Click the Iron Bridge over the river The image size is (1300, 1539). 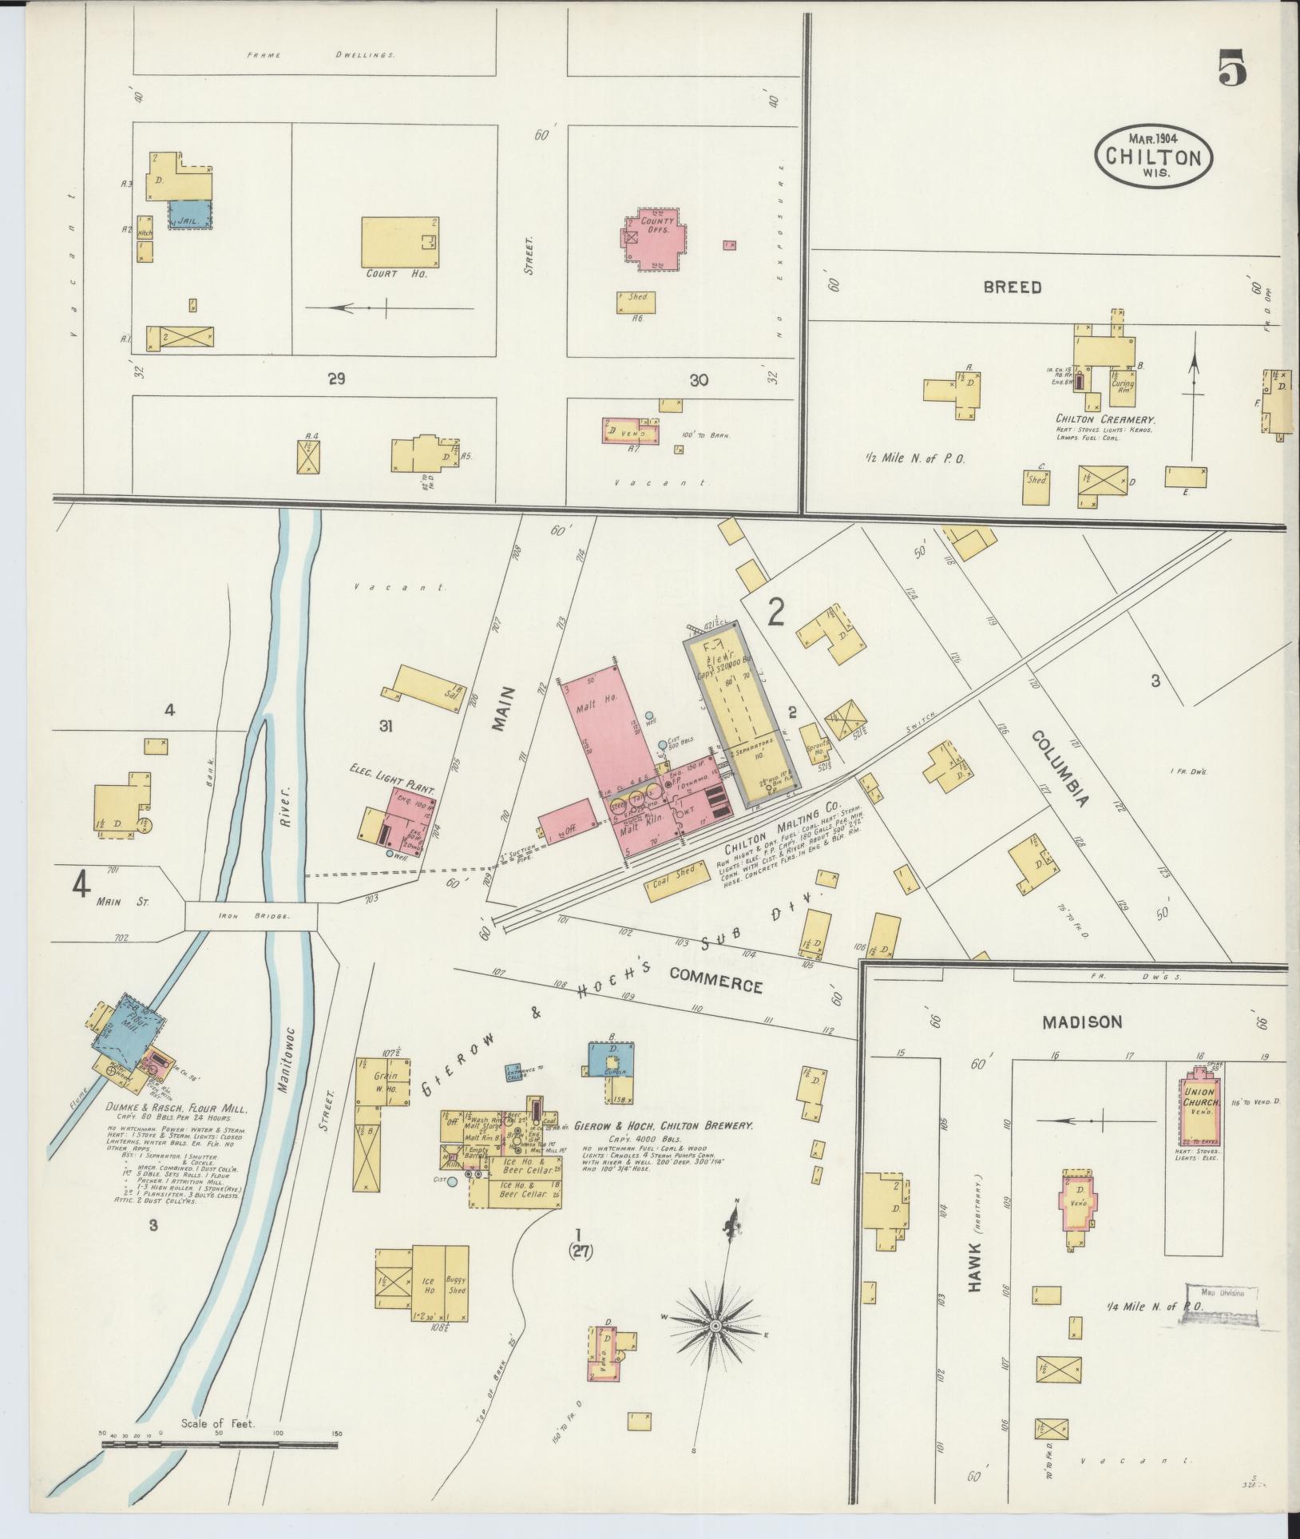pos(252,916)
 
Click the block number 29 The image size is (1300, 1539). pos(335,379)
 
